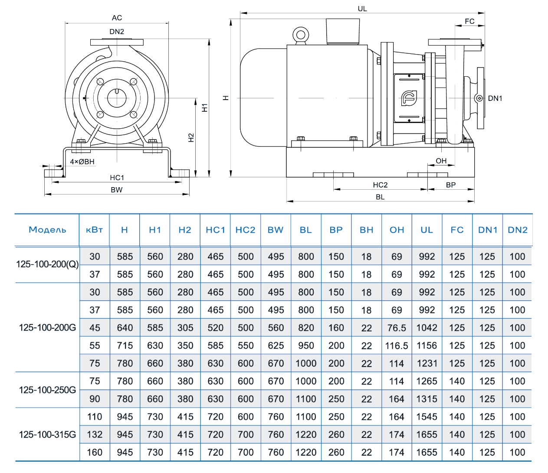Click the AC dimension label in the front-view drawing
click(x=117, y=18)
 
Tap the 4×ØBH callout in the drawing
click(x=82, y=162)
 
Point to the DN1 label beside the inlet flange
click(x=495, y=98)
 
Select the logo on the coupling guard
click(x=409, y=98)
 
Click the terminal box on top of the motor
click(x=343, y=31)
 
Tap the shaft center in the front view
click(x=117, y=98)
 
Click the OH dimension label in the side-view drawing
click(x=441, y=161)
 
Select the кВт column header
click(x=94, y=230)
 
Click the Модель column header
click(x=47, y=230)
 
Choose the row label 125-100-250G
click(x=47, y=390)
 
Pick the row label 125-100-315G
click(x=47, y=434)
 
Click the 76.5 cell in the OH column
click(x=397, y=328)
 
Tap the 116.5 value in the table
click(x=397, y=346)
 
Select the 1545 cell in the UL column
click(x=427, y=417)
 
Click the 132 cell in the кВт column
click(x=95, y=434)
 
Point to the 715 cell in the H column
click(x=125, y=346)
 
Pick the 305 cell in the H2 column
click(x=185, y=328)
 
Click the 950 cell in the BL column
click(x=306, y=346)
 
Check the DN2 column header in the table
click(x=517, y=230)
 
